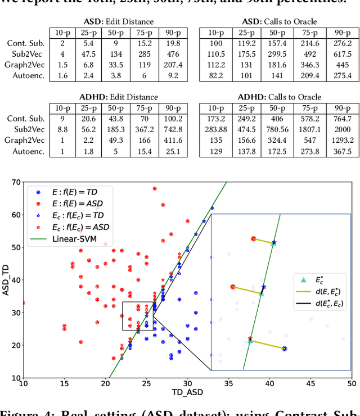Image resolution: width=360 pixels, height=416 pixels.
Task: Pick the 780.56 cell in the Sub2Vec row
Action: (276, 129)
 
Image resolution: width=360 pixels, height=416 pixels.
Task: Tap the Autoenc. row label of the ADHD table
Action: (25, 150)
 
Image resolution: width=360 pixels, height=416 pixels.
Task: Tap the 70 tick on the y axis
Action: (15, 183)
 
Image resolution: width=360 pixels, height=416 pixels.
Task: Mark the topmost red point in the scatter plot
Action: (154, 189)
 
